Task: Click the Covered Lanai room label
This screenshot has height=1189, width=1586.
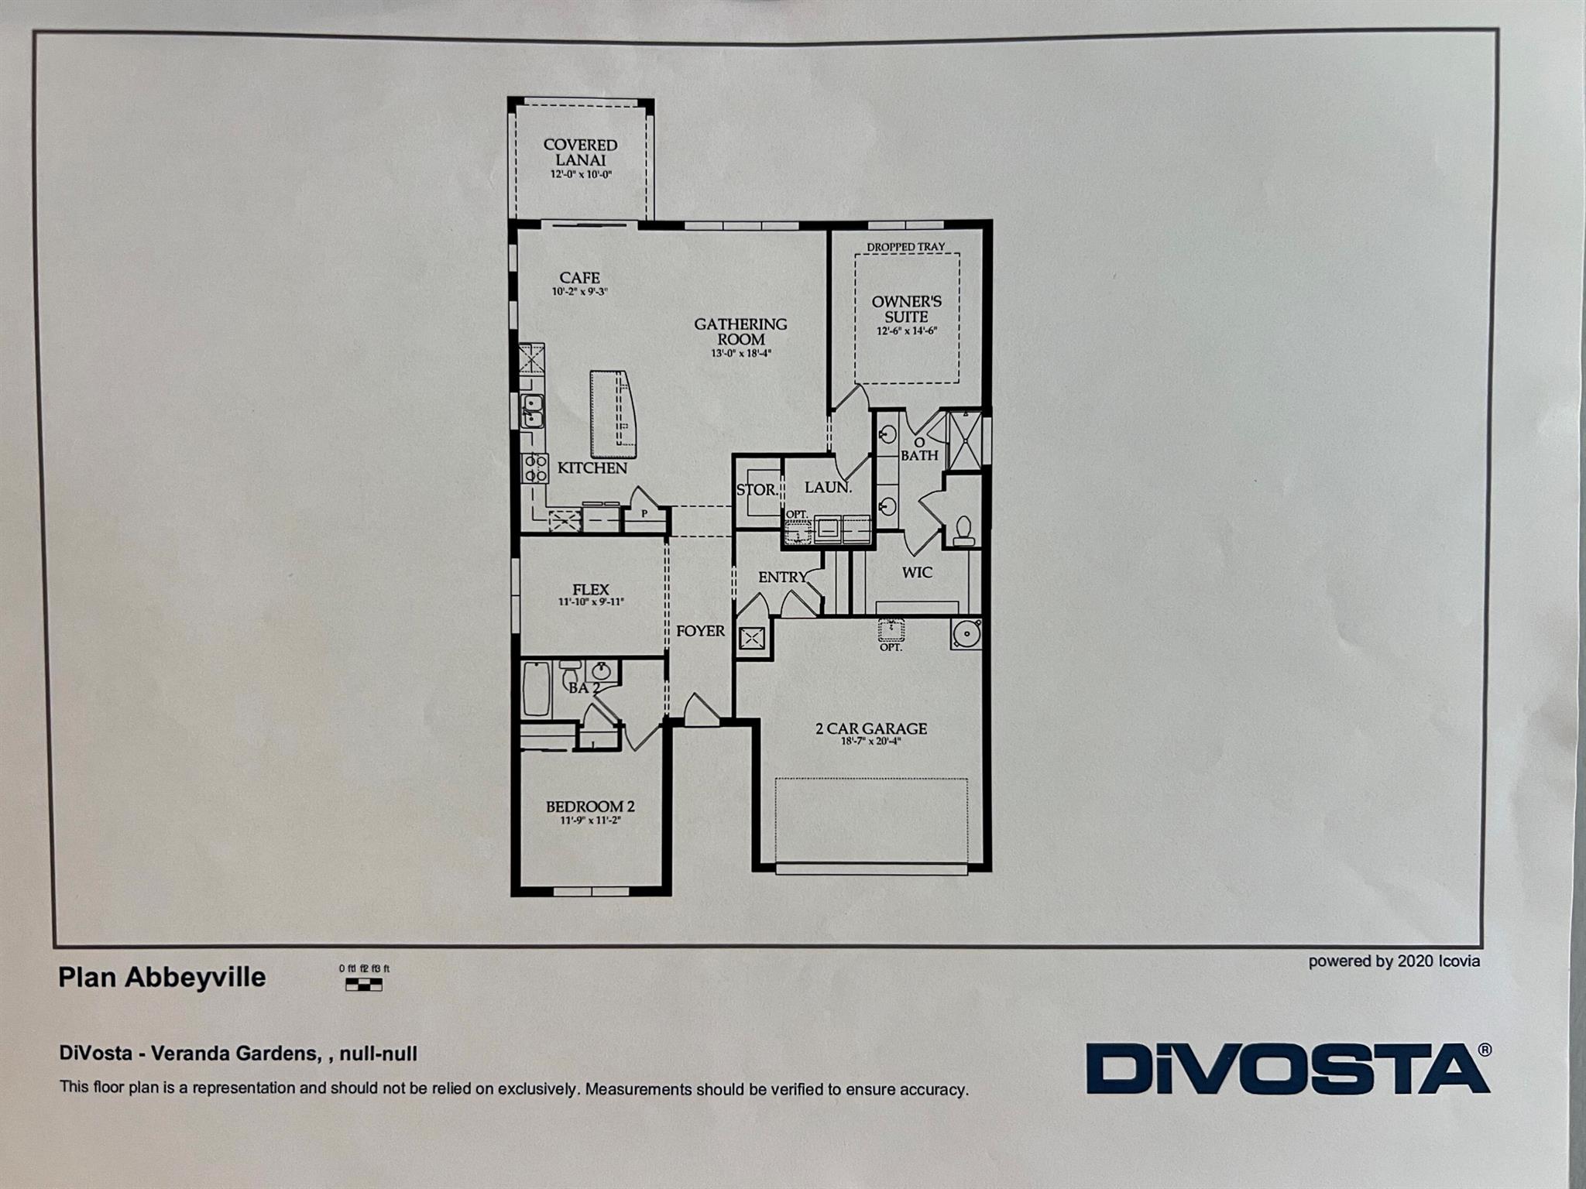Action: pyautogui.click(x=580, y=152)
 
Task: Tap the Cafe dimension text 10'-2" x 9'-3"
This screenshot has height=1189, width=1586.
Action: pyautogui.click(x=579, y=293)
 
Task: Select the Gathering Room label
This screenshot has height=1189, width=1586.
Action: pyautogui.click(x=740, y=331)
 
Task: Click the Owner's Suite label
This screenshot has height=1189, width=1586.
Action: pyautogui.click(x=906, y=309)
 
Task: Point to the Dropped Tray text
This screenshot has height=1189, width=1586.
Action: pyautogui.click(x=905, y=247)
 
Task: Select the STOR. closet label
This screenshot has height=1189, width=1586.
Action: pyautogui.click(x=757, y=490)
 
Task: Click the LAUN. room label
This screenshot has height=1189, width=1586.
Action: pyautogui.click(x=828, y=488)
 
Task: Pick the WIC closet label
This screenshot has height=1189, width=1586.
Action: pyautogui.click(x=917, y=573)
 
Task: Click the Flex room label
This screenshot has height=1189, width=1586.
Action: pyautogui.click(x=591, y=590)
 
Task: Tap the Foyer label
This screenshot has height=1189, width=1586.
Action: pyautogui.click(x=700, y=631)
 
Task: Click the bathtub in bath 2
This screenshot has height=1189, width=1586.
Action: pyautogui.click(x=536, y=687)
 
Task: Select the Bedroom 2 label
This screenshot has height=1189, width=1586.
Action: pyautogui.click(x=590, y=807)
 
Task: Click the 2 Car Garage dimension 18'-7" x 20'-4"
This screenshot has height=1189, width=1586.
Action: pyautogui.click(x=871, y=742)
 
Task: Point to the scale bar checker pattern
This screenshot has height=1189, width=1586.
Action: pyautogui.click(x=363, y=985)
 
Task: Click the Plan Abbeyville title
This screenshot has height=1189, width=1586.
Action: pyautogui.click(x=162, y=978)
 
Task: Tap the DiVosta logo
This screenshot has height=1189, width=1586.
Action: pyautogui.click(x=1287, y=1068)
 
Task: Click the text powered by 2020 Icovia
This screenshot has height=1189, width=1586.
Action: pyautogui.click(x=1394, y=961)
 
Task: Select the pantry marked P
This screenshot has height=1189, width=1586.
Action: pyautogui.click(x=644, y=513)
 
